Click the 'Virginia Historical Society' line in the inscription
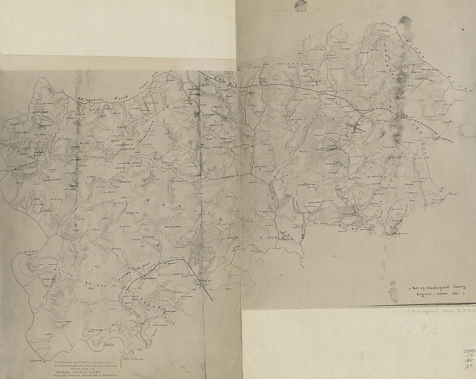click(80, 370)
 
